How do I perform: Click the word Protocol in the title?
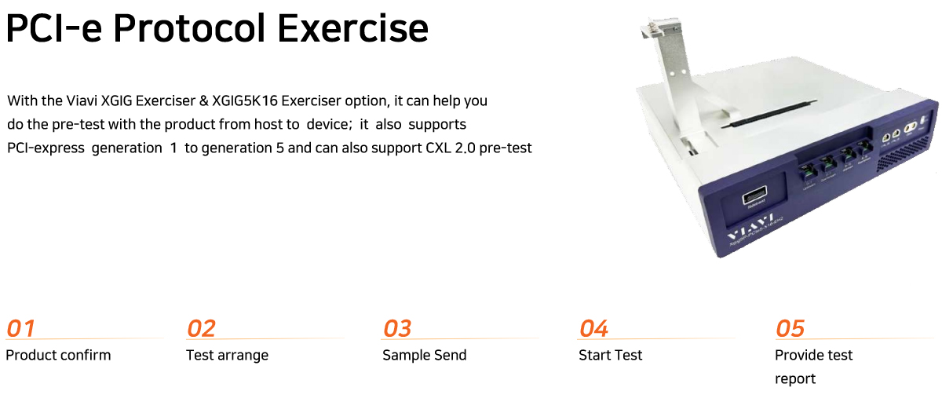(189, 29)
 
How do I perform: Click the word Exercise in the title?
(352, 29)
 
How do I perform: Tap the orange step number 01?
(20, 328)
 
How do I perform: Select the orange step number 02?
(201, 328)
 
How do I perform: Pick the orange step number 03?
(397, 328)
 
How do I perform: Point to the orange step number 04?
(593, 328)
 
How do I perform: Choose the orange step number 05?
(790, 328)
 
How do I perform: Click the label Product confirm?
(58, 356)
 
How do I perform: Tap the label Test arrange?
(227, 356)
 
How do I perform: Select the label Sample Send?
(425, 356)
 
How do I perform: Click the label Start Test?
(611, 356)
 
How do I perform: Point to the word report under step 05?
(795, 379)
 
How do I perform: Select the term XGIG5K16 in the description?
(245, 101)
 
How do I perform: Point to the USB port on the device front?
(754, 196)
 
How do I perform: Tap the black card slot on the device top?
(769, 114)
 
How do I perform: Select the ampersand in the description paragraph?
(203, 101)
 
